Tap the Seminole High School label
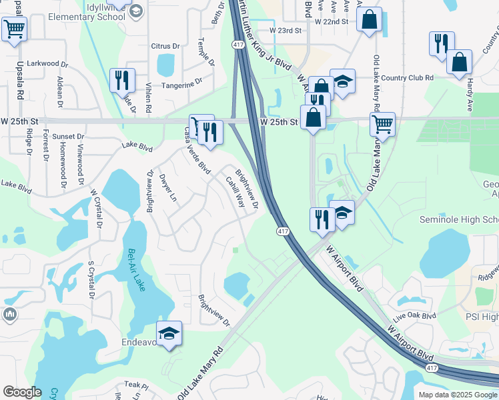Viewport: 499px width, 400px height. point(459,220)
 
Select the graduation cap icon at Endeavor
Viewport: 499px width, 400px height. point(169,333)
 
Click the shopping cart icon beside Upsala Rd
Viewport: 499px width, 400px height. point(13,29)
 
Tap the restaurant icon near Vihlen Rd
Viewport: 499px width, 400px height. point(122,80)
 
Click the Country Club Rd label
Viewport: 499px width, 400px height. point(413,78)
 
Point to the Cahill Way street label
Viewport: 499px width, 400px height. point(234,191)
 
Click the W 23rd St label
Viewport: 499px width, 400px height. point(286,31)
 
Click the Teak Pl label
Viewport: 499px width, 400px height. point(135,385)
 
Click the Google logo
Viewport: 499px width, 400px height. point(22,392)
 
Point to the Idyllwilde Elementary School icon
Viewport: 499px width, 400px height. point(136,11)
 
